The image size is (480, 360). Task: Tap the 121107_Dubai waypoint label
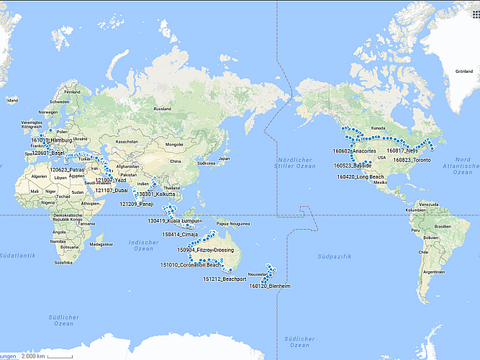pyautogui.click(x=112, y=190)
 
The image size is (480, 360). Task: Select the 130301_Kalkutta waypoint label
pyautogui.click(x=156, y=194)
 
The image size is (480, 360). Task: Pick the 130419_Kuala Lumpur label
pyautogui.click(x=175, y=221)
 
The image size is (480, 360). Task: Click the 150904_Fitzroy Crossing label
pyautogui.click(x=206, y=250)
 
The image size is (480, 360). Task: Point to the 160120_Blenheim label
pyautogui.click(x=270, y=286)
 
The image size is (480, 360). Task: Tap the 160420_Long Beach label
pyautogui.click(x=361, y=176)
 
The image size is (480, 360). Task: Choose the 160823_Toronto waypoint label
pyautogui.click(x=412, y=160)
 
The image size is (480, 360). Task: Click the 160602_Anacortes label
pyautogui.click(x=354, y=151)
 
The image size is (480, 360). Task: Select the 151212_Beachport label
pyautogui.click(x=225, y=279)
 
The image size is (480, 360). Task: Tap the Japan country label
pyautogui.click(x=224, y=158)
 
